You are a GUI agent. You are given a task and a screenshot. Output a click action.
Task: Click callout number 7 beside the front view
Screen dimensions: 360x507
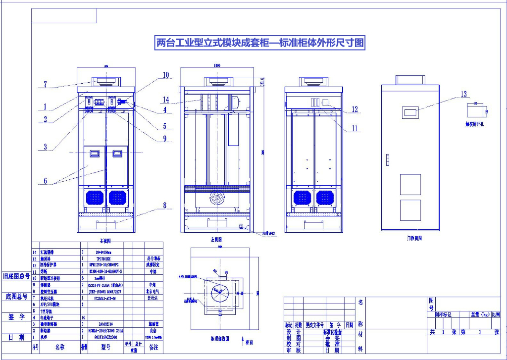tap(45, 85)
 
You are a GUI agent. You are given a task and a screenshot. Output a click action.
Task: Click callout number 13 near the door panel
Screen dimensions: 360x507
tap(464, 94)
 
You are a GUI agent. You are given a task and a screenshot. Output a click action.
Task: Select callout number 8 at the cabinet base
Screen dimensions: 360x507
tap(164, 205)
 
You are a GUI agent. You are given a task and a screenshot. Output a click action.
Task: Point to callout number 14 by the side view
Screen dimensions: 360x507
tap(166, 100)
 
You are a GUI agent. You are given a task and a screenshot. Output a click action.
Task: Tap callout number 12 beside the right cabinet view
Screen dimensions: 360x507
tap(355, 109)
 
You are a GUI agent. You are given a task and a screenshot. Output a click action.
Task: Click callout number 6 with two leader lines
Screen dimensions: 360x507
tap(45, 181)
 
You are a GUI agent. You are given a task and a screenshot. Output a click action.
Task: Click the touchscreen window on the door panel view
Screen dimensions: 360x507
tap(410, 112)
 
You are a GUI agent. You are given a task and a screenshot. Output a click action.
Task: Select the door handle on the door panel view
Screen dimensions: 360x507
tap(388, 159)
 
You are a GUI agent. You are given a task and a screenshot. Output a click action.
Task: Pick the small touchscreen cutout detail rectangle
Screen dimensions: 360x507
tap(476, 110)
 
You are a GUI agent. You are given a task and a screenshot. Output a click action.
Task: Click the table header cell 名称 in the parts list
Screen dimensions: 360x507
tap(59, 348)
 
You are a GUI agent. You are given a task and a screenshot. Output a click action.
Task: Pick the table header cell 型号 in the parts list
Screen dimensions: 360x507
tap(105, 348)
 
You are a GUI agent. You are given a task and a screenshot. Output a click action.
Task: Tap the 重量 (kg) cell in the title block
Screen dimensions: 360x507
tap(478, 314)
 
